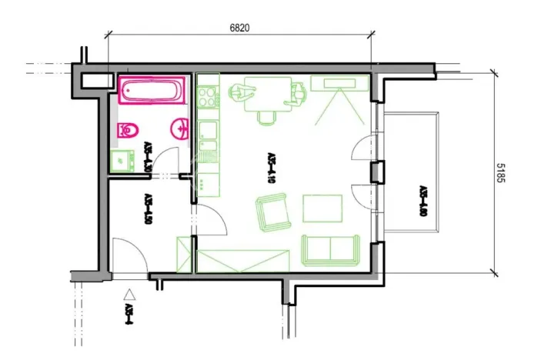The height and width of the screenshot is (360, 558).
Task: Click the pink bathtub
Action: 152,91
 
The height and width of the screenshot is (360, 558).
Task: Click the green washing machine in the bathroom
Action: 119,160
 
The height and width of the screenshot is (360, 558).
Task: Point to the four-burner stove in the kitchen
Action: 208,97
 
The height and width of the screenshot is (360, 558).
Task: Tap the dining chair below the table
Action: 266,117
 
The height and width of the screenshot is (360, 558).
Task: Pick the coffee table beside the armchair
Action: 322,208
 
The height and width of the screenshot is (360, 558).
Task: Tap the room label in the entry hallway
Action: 146,208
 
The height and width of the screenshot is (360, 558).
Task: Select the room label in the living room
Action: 271,164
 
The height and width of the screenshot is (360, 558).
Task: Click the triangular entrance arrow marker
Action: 130,293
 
